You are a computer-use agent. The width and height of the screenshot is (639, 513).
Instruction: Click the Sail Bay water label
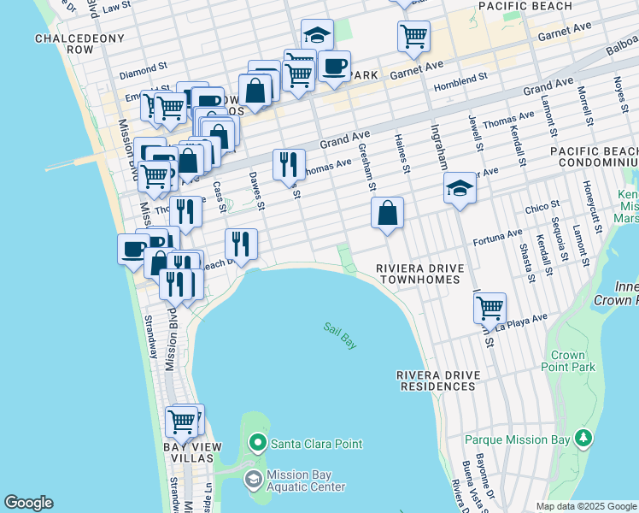(340, 334)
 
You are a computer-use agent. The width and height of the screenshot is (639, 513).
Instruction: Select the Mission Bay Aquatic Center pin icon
(254, 480)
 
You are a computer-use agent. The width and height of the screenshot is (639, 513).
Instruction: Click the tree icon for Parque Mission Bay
(583, 439)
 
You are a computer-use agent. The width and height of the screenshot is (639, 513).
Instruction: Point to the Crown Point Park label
(568, 361)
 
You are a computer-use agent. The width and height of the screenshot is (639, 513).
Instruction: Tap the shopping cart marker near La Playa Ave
(490, 307)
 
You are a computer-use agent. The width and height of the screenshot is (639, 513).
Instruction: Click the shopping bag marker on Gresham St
(388, 212)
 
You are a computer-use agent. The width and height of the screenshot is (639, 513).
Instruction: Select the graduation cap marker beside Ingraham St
(460, 188)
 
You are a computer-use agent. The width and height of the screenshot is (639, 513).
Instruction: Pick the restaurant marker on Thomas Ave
(289, 163)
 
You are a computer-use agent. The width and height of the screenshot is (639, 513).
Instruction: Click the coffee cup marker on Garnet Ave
(335, 66)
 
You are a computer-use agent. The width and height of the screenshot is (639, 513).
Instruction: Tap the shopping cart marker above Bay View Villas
(182, 422)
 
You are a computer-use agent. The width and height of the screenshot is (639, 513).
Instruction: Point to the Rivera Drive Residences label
(436, 380)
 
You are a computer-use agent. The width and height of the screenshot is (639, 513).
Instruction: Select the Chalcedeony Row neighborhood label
(79, 44)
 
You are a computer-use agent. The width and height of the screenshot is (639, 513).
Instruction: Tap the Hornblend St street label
(459, 75)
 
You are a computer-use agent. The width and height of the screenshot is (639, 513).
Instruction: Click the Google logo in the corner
(28, 503)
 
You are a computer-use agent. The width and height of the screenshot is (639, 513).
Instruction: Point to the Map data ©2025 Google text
(585, 506)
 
